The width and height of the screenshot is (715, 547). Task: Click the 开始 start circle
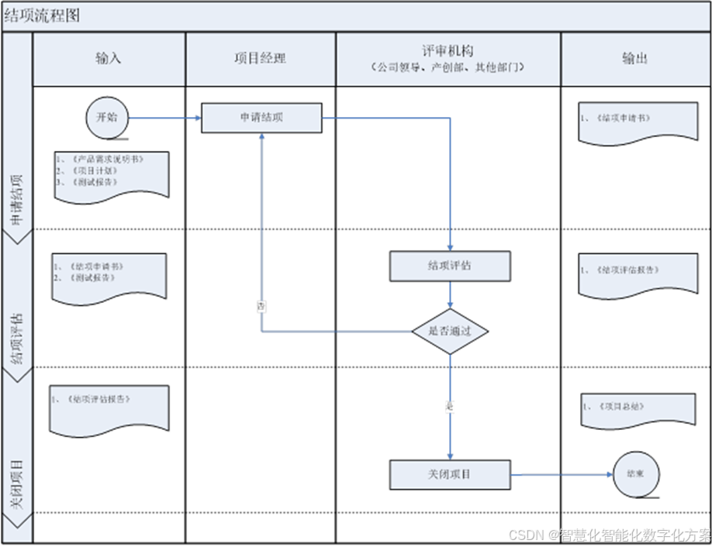point(106,118)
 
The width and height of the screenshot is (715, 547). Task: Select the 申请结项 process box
point(261,118)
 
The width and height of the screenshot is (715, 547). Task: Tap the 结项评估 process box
point(450,266)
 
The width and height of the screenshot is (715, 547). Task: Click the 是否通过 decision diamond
point(450,331)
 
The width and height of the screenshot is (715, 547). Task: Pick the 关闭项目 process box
point(450,474)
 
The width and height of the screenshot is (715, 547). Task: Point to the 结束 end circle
point(636,473)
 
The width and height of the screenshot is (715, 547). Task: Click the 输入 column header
point(109,58)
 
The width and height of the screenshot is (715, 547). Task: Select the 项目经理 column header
point(261,58)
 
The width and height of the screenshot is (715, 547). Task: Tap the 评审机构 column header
point(448,58)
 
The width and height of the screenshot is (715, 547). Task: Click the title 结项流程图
point(42,15)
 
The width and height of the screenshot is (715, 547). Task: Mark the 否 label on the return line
point(261,306)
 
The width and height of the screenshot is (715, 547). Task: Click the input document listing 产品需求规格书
point(110,174)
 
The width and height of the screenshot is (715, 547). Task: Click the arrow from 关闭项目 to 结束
point(561,474)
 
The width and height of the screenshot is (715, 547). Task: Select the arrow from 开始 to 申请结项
point(164,118)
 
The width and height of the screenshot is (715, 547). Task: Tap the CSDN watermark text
point(609,534)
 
